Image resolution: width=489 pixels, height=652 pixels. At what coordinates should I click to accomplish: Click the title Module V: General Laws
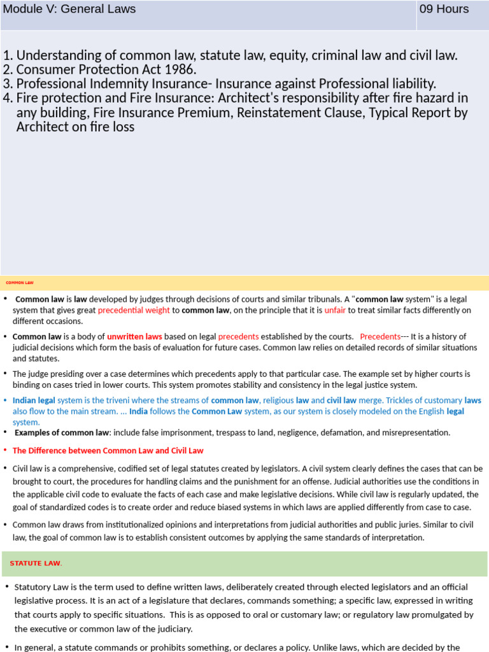point(69,9)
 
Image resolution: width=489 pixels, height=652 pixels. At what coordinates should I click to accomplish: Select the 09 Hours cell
point(444,9)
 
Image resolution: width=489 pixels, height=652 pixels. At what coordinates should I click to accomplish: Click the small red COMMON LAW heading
point(20,282)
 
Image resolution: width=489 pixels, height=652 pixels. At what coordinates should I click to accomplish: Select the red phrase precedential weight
point(133,310)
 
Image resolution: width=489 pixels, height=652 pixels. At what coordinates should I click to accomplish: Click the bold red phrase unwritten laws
point(134,336)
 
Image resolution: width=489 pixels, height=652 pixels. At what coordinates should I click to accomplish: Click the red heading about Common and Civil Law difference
point(108,450)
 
